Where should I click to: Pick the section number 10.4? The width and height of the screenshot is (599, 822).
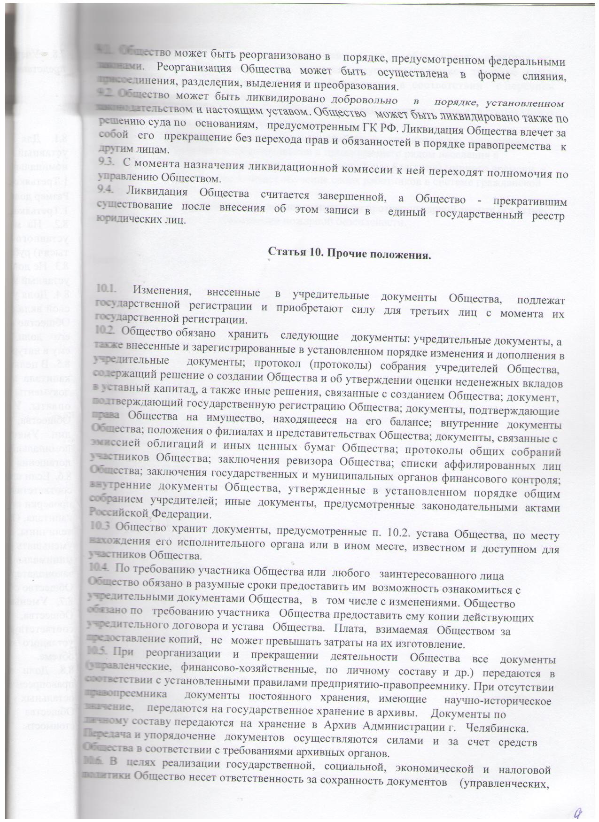click(x=100, y=567)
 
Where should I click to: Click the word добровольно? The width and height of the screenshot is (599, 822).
click(x=367, y=101)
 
